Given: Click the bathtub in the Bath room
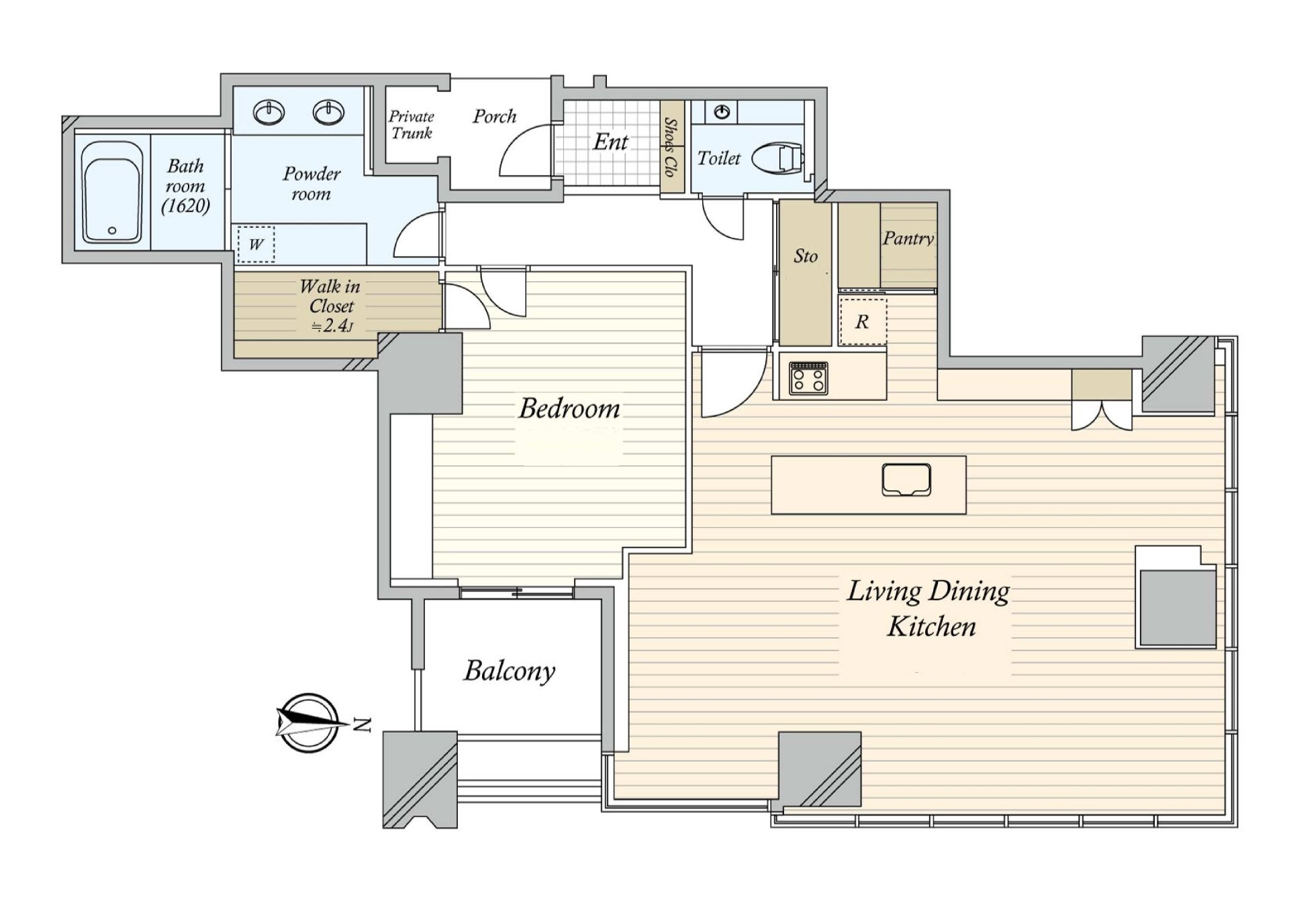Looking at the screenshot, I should [111, 193].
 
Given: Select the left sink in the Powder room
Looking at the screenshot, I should [269, 112].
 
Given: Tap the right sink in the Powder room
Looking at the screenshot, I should [328, 112].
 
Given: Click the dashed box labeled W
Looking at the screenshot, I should [256, 244].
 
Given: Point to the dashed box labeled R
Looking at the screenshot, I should [863, 322].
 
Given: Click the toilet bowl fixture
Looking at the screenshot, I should [778, 158].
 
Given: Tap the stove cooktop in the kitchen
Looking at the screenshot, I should [808, 378].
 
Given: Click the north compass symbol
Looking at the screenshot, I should [307, 722].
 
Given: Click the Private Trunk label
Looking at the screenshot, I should [412, 125].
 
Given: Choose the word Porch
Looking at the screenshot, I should [495, 117].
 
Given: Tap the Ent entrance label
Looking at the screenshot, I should [610, 142].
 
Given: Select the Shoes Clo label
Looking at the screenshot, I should [670, 147].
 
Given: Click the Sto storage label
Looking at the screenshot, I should [806, 256].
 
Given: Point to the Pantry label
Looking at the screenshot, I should [908, 238].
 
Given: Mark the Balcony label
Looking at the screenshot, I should [510, 671].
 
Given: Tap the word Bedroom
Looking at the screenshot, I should [569, 408].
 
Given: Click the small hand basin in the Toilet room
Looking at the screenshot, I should [722, 112].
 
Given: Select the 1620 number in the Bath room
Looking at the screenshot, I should [185, 206].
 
